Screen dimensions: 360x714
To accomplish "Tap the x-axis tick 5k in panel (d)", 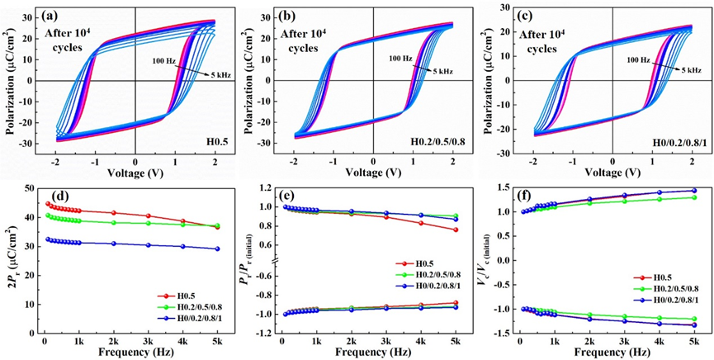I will (217, 340).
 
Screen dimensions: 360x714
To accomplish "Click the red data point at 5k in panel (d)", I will (217, 226).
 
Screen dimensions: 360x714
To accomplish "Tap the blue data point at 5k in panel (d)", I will (217, 249).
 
